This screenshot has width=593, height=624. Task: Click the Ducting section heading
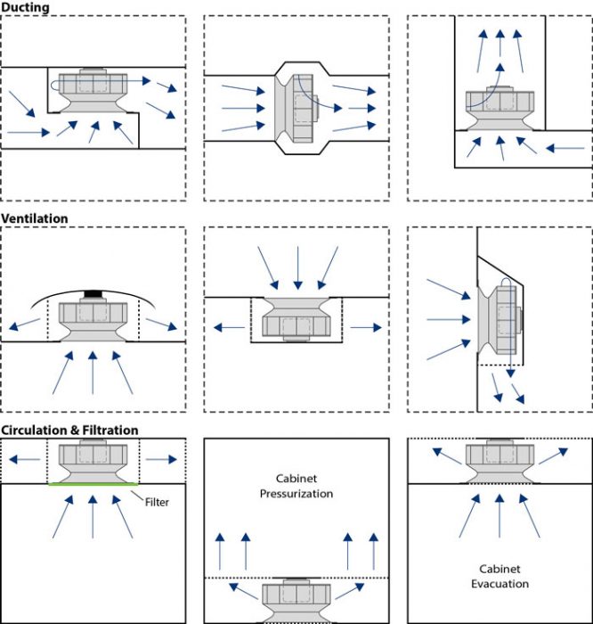[25, 7]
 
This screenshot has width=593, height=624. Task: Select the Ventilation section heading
[35, 218]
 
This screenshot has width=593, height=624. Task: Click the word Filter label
[157, 502]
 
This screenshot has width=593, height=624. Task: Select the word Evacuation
[500, 584]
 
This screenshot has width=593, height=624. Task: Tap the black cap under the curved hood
[93, 292]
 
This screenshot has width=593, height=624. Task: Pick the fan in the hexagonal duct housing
[298, 108]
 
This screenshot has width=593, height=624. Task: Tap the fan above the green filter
[93, 460]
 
